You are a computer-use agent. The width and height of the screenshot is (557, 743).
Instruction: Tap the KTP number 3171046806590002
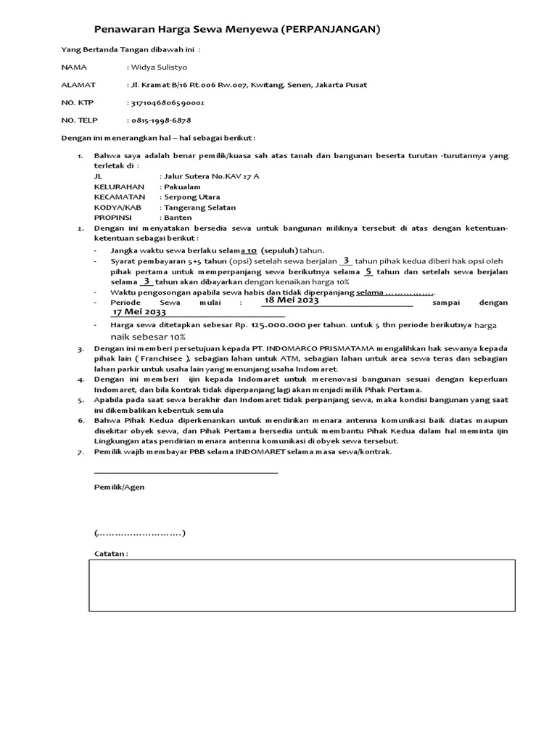tap(168, 102)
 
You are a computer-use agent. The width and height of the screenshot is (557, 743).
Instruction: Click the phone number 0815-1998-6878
tap(160, 120)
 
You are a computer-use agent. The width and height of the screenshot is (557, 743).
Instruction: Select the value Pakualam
tap(181, 186)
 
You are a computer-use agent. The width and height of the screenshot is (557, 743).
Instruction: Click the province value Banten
tap(178, 218)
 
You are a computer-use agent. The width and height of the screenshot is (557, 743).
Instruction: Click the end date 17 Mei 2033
tap(139, 312)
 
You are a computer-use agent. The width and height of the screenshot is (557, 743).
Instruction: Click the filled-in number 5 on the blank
tap(368, 271)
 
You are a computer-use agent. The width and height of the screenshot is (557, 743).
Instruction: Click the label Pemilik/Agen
tap(119, 488)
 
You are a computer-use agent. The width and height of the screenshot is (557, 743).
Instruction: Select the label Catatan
tap(111, 554)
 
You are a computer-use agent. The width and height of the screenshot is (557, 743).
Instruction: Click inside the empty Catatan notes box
tap(302, 585)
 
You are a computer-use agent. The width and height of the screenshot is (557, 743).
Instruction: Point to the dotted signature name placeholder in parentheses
tap(139, 533)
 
